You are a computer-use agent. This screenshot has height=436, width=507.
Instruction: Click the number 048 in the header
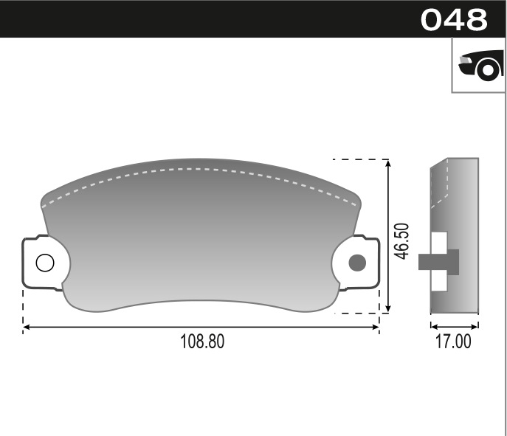(454, 20)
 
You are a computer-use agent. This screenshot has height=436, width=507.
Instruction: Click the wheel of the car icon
(488, 70)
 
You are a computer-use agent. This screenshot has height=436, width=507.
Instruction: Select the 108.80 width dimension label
(201, 342)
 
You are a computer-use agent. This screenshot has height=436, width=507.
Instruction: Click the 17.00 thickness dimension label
(454, 342)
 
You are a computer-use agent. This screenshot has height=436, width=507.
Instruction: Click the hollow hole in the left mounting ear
(44, 262)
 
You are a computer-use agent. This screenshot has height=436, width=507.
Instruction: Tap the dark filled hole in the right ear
(357, 262)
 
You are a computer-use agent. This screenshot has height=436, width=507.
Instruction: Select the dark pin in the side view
(438, 262)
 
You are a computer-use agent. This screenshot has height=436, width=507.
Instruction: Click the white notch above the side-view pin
(439, 242)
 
